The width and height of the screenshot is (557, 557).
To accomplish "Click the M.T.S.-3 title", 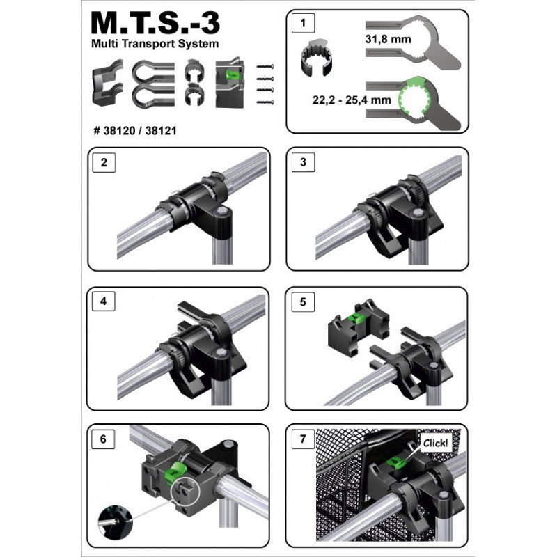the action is pyautogui.click(x=155, y=24).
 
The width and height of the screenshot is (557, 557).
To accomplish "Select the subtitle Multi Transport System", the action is pyautogui.click(x=155, y=44).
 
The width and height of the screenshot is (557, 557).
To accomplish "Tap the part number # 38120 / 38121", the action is pyautogui.click(x=135, y=131).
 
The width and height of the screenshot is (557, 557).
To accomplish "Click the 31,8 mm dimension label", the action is pyautogui.click(x=388, y=39).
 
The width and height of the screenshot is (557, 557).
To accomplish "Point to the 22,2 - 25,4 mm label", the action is pyautogui.click(x=352, y=100).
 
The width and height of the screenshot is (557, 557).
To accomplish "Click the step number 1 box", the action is pyautogui.click(x=303, y=23).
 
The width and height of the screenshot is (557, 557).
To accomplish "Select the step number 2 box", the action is pyautogui.click(x=104, y=162).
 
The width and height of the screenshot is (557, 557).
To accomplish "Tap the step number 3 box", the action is pyautogui.click(x=303, y=162).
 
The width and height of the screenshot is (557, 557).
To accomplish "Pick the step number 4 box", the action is pyautogui.click(x=103, y=301).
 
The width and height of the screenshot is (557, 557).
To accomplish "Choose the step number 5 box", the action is pyautogui.click(x=303, y=302).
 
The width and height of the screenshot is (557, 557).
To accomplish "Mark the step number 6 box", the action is pyautogui.click(x=103, y=439).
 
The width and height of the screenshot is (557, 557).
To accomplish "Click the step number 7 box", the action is pyautogui.click(x=303, y=439).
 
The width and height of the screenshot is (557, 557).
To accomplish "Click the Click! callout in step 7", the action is pyautogui.click(x=436, y=443).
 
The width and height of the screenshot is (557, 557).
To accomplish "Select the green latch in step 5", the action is pyautogui.click(x=356, y=318).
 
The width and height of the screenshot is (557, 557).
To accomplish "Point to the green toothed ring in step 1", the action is pyautogui.click(x=414, y=100).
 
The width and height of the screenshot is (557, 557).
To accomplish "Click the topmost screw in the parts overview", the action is pyautogui.click(x=265, y=66).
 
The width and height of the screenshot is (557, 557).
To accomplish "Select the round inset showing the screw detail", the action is pyautogui.click(x=115, y=520).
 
